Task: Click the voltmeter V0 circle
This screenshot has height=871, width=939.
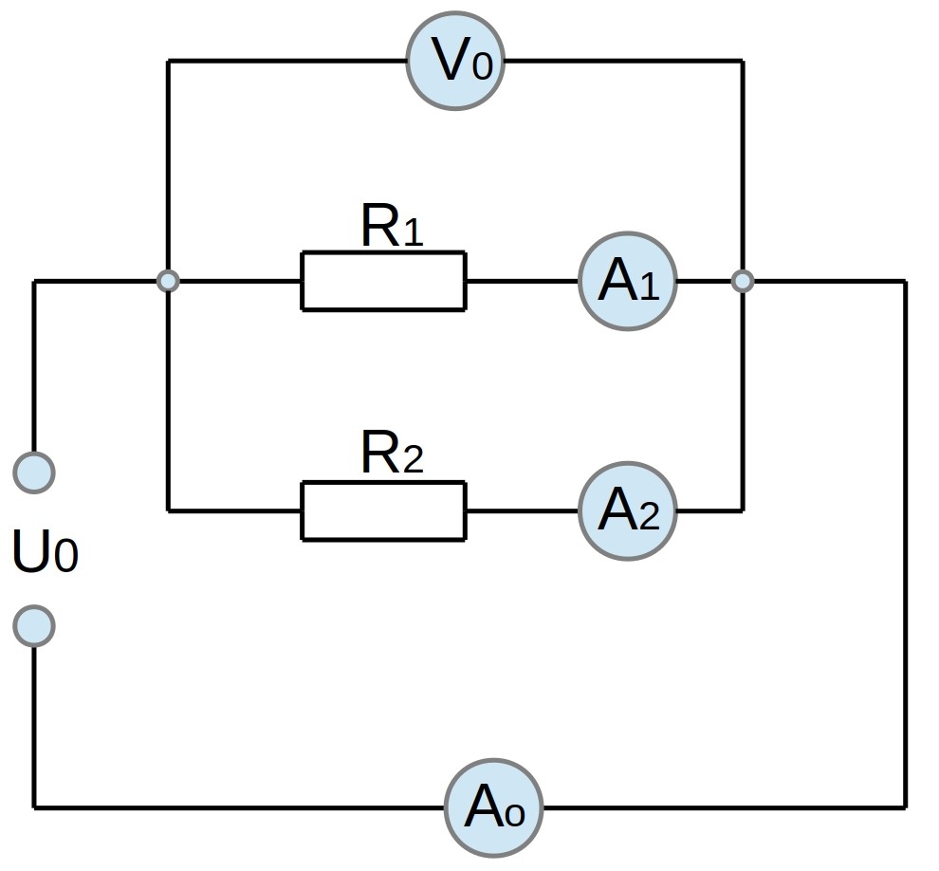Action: point(455,61)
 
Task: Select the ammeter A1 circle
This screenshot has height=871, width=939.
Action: point(628,281)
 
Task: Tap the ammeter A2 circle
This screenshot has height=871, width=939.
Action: point(628,511)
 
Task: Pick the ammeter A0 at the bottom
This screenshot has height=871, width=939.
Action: point(493,808)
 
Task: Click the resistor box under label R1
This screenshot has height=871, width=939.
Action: point(383,281)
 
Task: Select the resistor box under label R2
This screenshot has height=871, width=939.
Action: point(383,511)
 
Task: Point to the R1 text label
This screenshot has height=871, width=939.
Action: point(393,225)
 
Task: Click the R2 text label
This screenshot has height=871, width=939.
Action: point(393,452)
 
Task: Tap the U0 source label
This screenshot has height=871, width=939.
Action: point(46,550)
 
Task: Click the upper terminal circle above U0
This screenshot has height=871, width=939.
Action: point(34,473)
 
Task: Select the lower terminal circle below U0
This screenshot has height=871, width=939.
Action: point(34,626)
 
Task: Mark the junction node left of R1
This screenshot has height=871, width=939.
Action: point(168,280)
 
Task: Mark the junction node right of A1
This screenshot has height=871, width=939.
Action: point(743,280)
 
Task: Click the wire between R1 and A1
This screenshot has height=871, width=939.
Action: point(523,281)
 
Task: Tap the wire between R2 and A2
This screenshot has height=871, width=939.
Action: point(523,511)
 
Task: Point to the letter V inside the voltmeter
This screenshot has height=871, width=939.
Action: point(450,60)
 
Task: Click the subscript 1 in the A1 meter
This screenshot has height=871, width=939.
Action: point(649,287)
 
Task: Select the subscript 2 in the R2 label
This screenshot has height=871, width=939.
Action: point(414,459)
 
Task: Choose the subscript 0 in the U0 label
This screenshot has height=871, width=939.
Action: point(66,555)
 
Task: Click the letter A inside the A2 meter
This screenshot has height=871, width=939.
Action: point(618,509)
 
